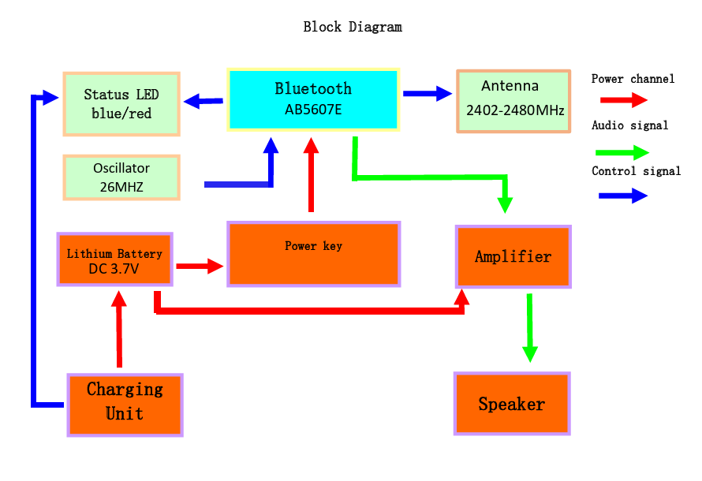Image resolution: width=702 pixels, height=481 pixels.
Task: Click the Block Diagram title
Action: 353,27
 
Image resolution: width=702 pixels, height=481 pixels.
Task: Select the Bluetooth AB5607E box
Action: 313,100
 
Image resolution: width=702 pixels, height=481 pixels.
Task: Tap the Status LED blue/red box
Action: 121,104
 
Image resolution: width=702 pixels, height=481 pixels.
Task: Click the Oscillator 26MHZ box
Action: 121,177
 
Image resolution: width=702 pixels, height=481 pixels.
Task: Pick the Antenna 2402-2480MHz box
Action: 513,101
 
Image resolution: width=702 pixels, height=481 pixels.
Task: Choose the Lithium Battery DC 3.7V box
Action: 114,259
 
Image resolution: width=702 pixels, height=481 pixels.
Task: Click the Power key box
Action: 313,254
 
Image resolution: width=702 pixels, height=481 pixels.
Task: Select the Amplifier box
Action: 513,256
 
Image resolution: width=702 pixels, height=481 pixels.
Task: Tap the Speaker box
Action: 512,403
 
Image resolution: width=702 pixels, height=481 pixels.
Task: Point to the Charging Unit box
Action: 125,405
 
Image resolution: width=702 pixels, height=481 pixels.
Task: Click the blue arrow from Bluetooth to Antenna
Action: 428,94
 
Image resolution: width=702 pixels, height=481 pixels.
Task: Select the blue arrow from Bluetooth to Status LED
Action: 204,101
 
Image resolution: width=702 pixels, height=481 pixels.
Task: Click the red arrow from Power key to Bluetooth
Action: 311,174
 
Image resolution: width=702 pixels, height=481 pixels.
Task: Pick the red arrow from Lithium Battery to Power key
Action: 200,267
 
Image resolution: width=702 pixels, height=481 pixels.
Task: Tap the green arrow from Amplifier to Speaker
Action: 530,328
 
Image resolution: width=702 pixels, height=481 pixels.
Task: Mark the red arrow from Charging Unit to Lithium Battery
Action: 119,329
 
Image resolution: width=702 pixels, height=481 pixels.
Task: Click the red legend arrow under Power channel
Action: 624,100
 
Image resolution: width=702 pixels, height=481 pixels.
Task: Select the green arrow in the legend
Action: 622,152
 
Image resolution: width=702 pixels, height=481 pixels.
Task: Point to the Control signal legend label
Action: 637,171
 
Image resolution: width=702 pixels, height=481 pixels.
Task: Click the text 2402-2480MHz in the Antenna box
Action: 515,110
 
